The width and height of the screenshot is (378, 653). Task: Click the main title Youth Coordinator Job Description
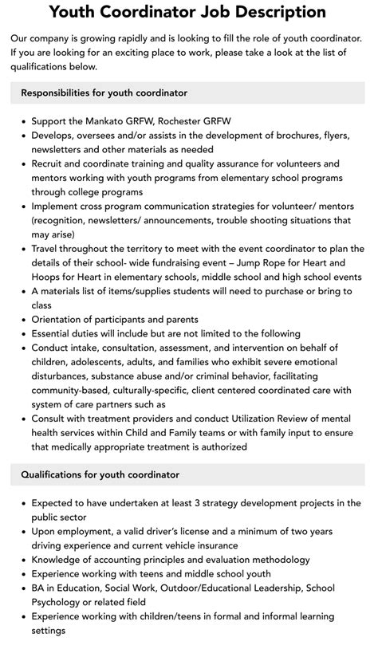tap(188, 12)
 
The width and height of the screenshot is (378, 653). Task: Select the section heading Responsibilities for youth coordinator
tap(104, 93)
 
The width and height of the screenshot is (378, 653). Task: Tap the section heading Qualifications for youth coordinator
tap(100, 474)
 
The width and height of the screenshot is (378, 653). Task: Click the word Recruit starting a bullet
tap(49, 163)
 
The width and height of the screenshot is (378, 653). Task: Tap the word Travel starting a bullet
tap(47, 249)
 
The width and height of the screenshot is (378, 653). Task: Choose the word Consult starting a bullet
tap(51, 419)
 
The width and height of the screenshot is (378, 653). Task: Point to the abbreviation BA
tap(39, 588)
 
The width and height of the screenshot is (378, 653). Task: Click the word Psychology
tap(59, 603)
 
